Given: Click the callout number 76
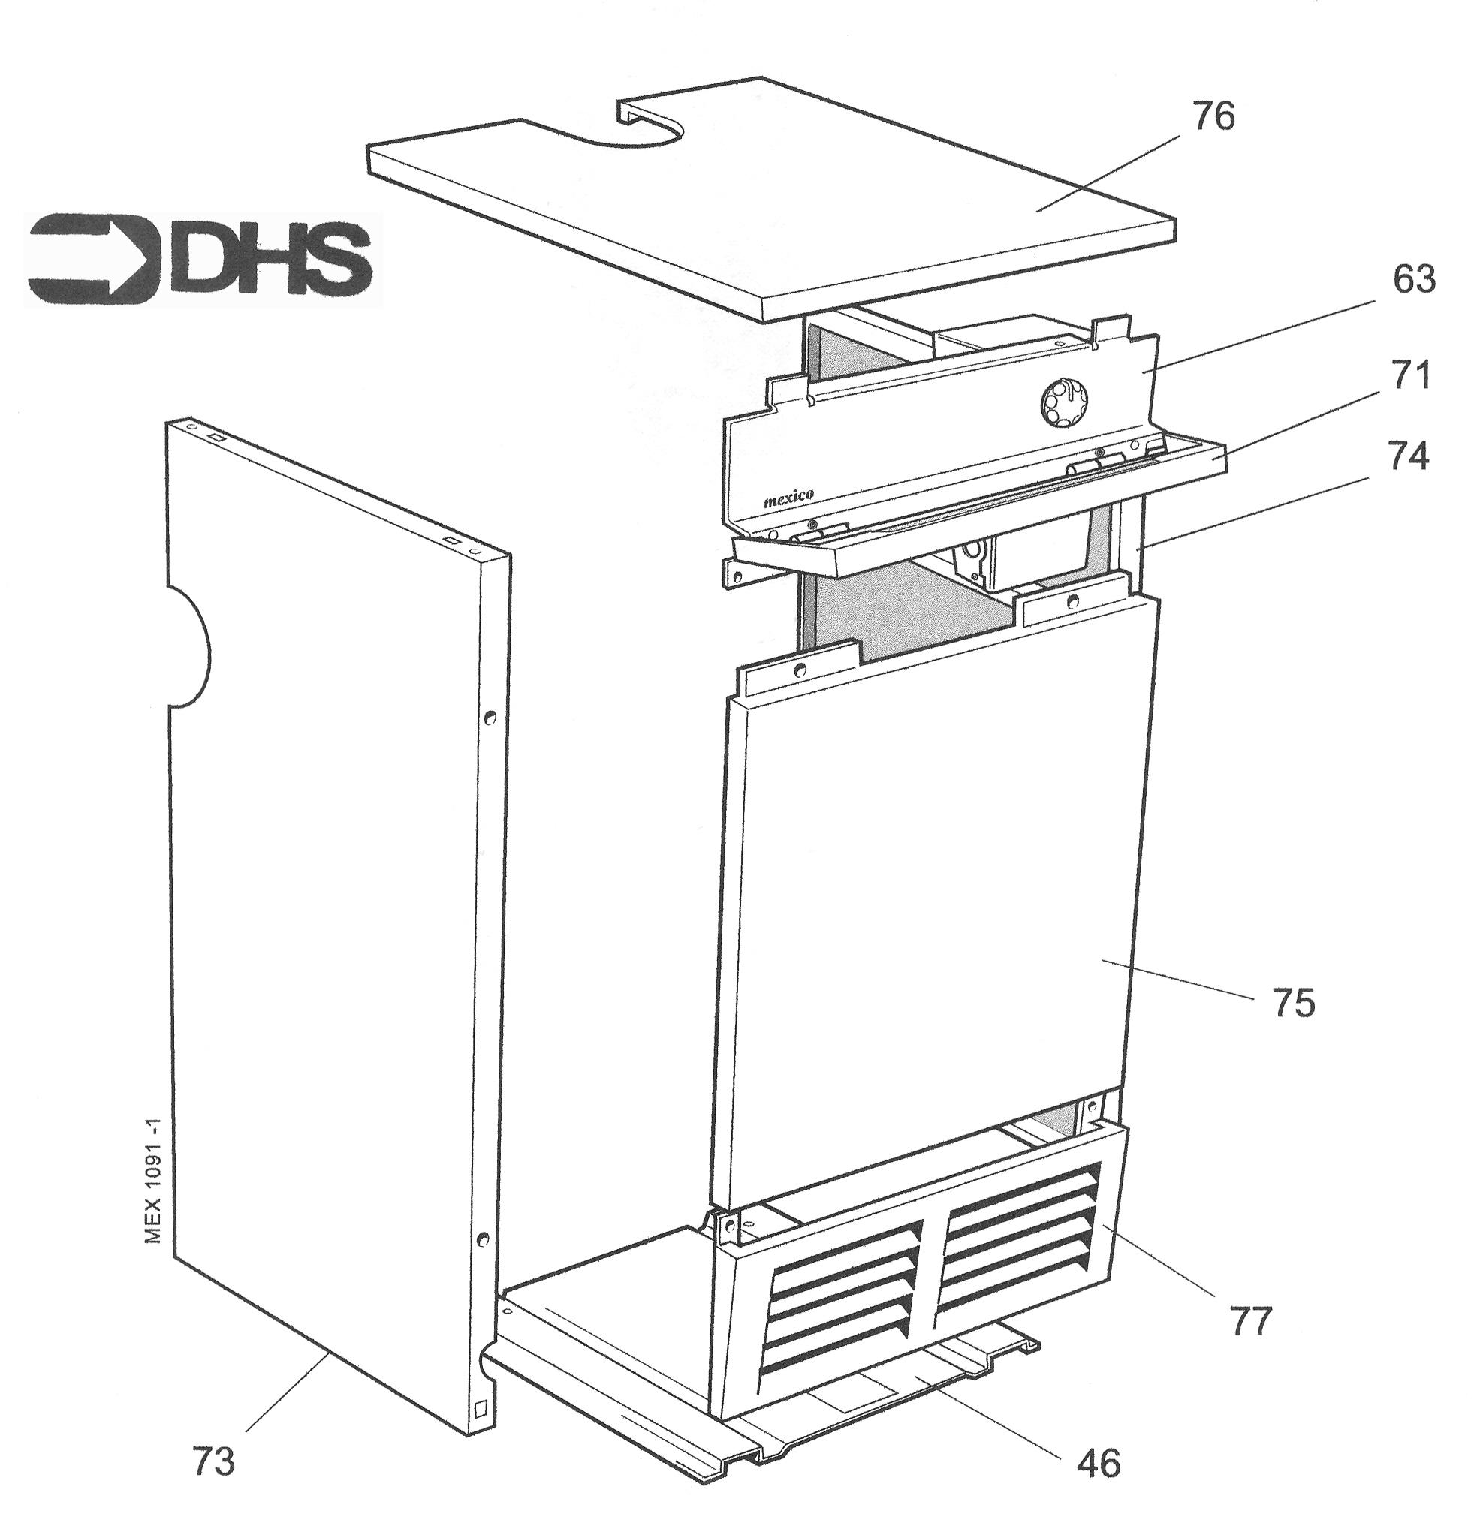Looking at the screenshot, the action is (1213, 116).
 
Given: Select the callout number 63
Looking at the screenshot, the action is (1413, 279).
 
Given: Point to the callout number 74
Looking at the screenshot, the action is (1408, 457).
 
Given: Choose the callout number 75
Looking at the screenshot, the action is (1294, 1004).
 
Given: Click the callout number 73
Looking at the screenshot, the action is (214, 1461).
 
